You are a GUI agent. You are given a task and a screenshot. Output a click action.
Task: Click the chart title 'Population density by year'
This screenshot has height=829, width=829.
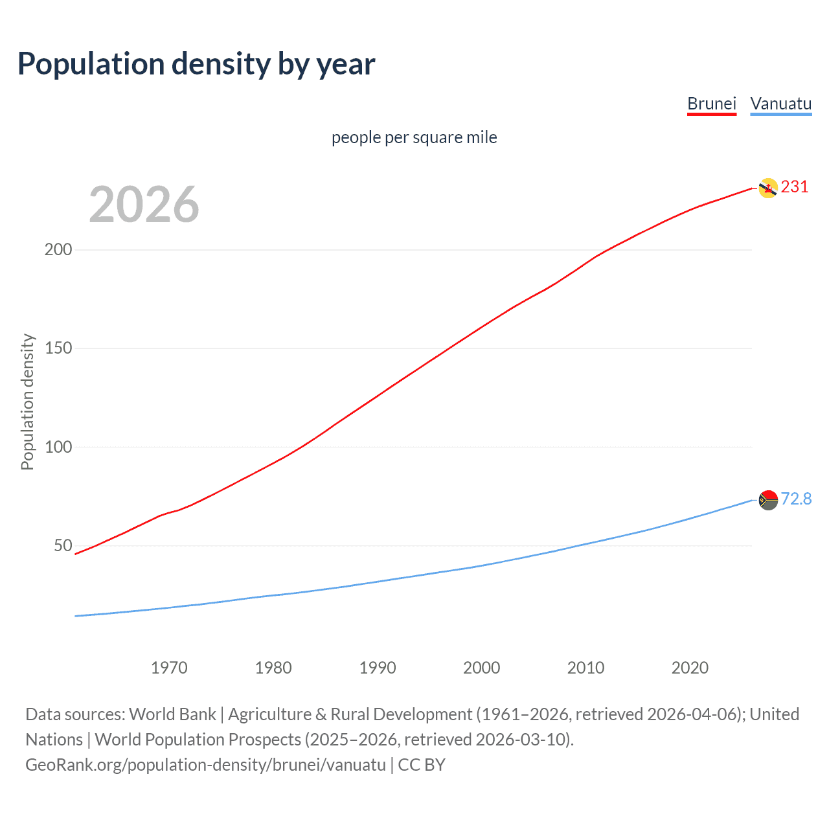[x=196, y=64]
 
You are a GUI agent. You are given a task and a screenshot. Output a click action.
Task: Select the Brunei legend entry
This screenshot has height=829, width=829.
[x=712, y=104]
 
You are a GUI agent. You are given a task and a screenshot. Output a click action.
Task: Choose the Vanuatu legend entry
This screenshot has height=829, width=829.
[x=780, y=104]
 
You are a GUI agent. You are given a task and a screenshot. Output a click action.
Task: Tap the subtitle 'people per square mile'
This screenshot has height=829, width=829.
[x=414, y=138]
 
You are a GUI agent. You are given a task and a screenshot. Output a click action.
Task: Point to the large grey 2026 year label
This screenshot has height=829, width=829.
[x=144, y=205]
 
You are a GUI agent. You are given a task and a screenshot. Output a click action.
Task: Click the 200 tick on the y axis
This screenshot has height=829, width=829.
[x=58, y=250]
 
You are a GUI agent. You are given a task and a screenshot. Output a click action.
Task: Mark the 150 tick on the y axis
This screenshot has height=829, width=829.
[x=58, y=348]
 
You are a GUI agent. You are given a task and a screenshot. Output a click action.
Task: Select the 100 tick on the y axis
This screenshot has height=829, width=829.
[x=58, y=447]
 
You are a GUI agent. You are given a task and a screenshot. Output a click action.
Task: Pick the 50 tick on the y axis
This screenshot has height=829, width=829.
[x=63, y=545]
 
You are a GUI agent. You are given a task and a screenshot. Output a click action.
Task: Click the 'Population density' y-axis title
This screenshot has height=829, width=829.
[x=27, y=402]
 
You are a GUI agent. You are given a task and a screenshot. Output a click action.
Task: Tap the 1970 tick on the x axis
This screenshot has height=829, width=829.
[x=169, y=668]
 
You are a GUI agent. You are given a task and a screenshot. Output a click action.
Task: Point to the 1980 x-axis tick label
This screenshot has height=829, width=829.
[x=273, y=668]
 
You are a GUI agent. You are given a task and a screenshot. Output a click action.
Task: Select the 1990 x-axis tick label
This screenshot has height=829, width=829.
[x=378, y=668]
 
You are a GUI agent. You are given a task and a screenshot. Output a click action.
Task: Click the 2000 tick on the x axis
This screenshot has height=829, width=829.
[x=481, y=668]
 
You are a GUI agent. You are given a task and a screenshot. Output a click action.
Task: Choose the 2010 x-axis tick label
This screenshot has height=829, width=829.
[x=585, y=668]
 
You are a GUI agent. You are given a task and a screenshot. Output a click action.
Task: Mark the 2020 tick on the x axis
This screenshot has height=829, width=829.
[x=690, y=668]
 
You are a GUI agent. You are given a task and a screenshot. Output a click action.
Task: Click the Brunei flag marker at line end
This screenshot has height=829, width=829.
[x=768, y=188]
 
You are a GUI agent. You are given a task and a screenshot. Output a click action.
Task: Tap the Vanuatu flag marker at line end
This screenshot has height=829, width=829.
[x=768, y=500]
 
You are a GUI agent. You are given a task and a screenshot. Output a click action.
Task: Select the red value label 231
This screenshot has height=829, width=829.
[x=795, y=187]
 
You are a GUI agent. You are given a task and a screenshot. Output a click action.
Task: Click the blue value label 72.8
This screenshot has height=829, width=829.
[x=796, y=499]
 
